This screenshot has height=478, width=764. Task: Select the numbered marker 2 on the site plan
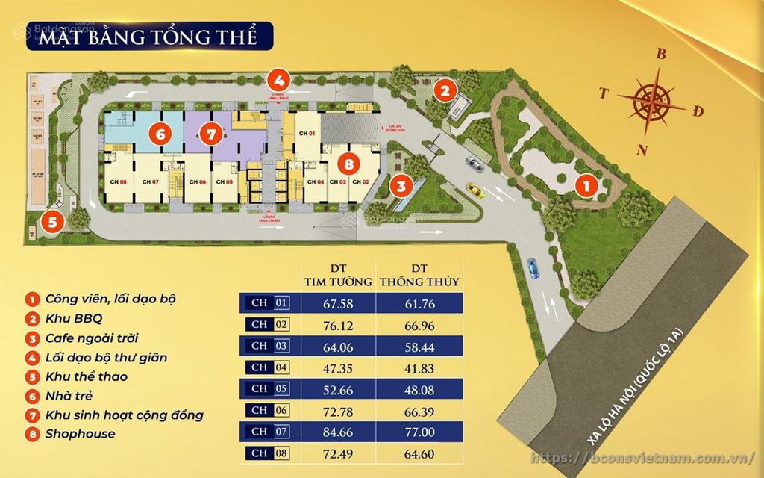pyautogui.click(x=445, y=91)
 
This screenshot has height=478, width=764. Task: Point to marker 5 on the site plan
pyautogui.click(x=51, y=221)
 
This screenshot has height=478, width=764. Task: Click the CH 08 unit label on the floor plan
pyautogui.click(x=118, y=182)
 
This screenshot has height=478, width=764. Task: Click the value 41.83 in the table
pyautogui.click(x=418, y=367)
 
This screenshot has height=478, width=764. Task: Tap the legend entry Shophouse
pyautogui.click(x=81, y=434)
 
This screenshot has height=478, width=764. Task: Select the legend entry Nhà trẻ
pyautogui.click(x=73, y=396)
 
